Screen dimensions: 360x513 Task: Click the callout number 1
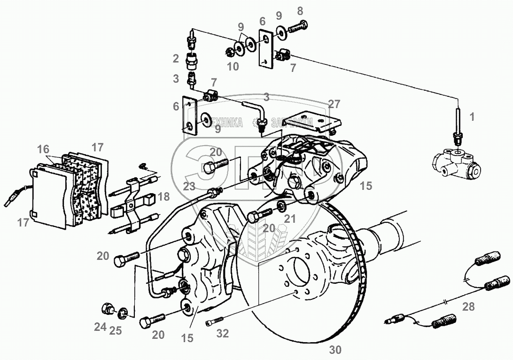pos(472,117)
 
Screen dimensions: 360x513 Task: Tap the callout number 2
pos(175,59)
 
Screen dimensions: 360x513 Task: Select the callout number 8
pos(300,10)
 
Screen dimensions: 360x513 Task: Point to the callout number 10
pos(233,67)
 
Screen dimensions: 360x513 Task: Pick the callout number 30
pos(335,350)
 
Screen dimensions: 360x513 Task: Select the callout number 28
pos(468,307)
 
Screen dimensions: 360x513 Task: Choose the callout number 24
pos(100,327)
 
